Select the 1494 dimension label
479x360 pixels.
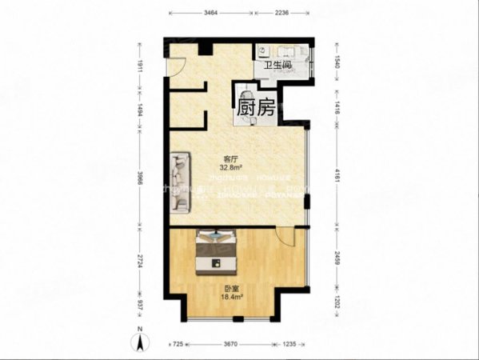(138, 113)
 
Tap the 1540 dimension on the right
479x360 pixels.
(338, 59)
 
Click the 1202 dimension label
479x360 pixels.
(338, 306)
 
